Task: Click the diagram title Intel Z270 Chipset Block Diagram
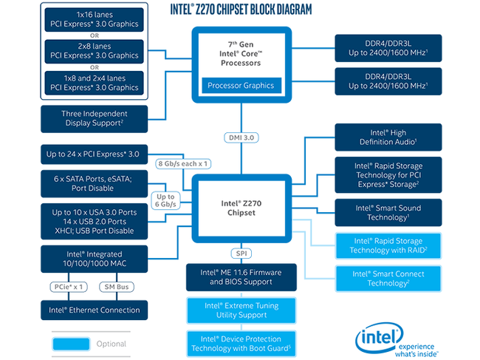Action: pyautogui.click(x=241, y=10)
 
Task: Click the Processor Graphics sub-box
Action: pyautogui.click(x=241, y=85)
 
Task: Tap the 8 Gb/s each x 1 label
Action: pyautogui.click(x=183, y=163)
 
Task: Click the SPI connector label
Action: pyautogui.click(x=241, y=254)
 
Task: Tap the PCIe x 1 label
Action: pyautogui.click(x=70, y=286)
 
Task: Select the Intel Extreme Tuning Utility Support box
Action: pyautogui.click(x=241, y=310)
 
